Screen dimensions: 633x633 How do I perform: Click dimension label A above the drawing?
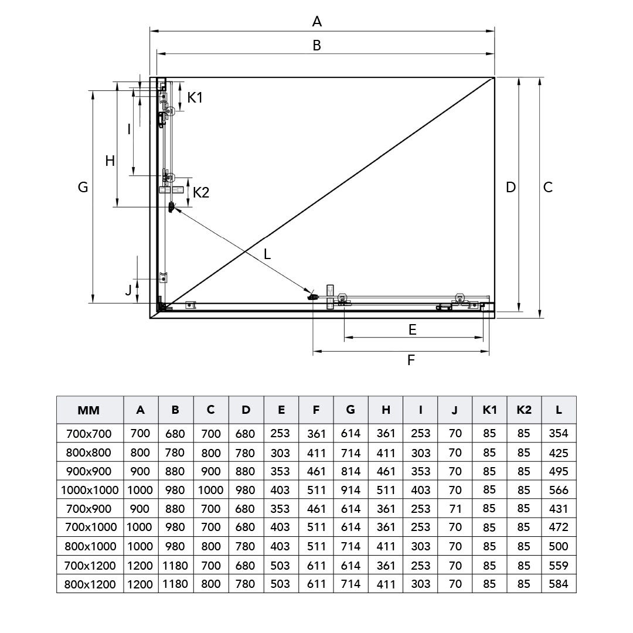pyautogui.click(x=317, y=22)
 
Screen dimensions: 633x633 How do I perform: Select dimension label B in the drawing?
pyautogui.click(x=316, y=45)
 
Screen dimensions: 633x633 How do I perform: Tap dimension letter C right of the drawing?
pyautogui.click(x=547, y=187)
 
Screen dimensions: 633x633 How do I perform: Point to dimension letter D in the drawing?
pyautogui.click(x=511, y=187)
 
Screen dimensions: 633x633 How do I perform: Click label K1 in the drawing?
pyautogui.click(x=195, y=97)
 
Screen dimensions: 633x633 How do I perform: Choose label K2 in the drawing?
pyautogui.click(x=201, y=192)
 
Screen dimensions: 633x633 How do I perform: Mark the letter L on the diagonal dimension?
pyautogui.click(x=267, y=254)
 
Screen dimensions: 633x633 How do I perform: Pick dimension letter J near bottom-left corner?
pyautogui.click(x=128, y=289)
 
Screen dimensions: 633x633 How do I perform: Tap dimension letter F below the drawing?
pyautogui.click(x=411, y=360)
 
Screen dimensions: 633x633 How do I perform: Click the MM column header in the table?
pyautogui.click(x=89, y=410)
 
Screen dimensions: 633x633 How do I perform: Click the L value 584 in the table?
pyautogui.click(x=559, y=584)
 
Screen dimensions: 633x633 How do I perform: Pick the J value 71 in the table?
pyautogui.click(x=455, y=509)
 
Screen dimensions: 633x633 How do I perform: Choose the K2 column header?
pyautogui.click(x=524, y=410)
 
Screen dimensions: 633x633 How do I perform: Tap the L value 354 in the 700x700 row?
pyautogui.click(x=559, y=434)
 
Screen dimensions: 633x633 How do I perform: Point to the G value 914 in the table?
pyautogui.click(x=350, y=490)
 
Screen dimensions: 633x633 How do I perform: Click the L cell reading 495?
pyautogui.click(x=559, y=471)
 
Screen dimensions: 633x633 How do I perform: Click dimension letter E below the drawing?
pyautogui.click(x=413, y=330)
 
